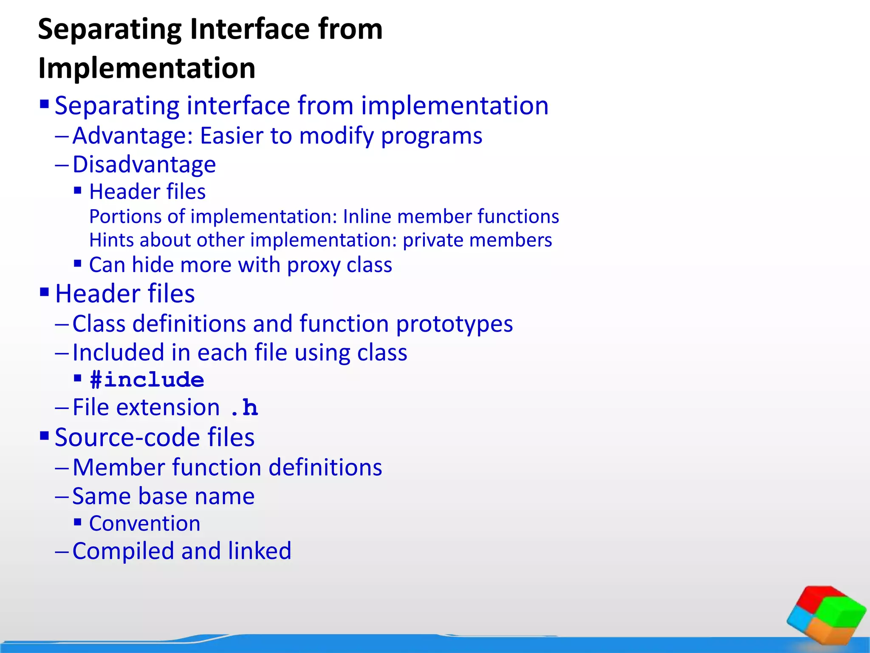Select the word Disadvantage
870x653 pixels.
[x=144, y=165]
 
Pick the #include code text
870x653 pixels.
[x=147, y=380]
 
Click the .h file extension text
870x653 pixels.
[x=244, y=408]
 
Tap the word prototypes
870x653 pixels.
[x=454, y=324]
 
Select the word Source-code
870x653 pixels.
[x=128, y=437]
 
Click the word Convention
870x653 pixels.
[x=144, y=523]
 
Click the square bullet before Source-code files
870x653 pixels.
[x=44, y=435]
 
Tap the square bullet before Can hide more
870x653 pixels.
[x=77, y=264]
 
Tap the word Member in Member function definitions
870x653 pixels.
[x=119, y=468]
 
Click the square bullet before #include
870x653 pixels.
[x=77, y=378]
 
